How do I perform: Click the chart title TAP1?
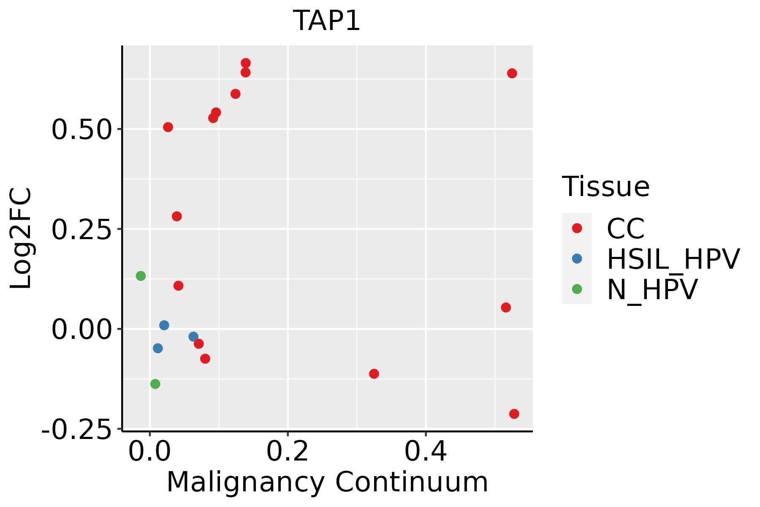[x=327, y=21]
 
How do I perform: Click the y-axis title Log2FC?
[x=21, y=238]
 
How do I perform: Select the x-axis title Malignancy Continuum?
[x=327, y=482]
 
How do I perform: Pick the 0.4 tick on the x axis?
[x=426, y=452]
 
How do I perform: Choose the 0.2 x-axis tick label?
[x=288, y=452]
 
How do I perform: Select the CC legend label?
[x=626, y=229]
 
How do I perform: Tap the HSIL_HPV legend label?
[x=673, y=259]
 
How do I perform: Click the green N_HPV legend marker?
[x=577, y=289]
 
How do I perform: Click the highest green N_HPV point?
[x=141, y=276]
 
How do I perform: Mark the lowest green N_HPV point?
[x=155, y=384]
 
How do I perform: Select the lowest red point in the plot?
[x=514, y=414]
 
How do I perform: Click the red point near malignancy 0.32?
[x=374, y=373]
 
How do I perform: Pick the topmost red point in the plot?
[x=245, y=63]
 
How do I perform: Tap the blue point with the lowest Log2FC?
[x=158, y=348]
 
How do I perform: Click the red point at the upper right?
[x=512, y=74]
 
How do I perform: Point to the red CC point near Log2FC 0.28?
[x=177, y=216]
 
